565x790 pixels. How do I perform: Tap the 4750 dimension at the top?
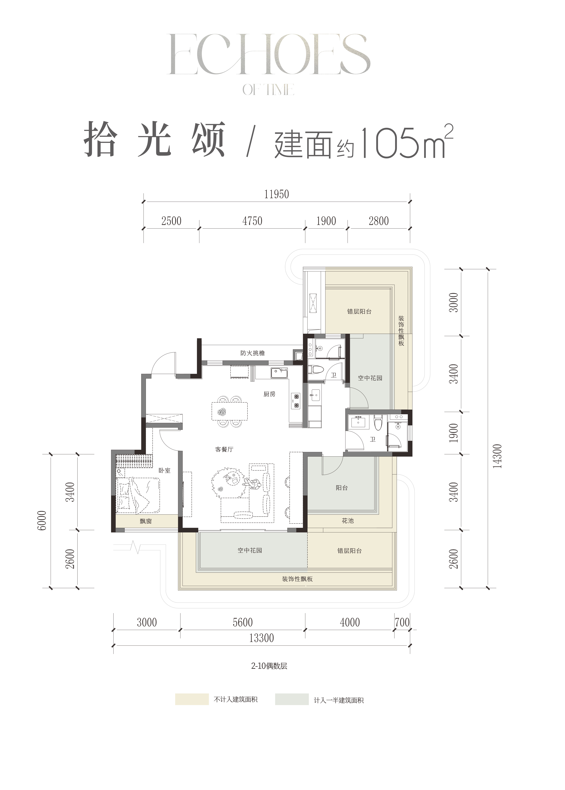pyautogui.click(x=252, y=221)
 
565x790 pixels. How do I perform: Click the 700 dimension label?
pyautogui.click(x=402, y=622)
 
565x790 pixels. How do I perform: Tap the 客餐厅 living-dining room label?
pyautogui.click(x=224, y=449)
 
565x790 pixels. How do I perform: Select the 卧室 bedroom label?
pyautogui.click(x=165, y=470)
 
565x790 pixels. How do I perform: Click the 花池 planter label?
pyautogui.click(x=348, y=530)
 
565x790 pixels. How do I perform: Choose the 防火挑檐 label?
pyautogui.click(x=253, y=353)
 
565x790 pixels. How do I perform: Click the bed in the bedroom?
pyautogui.click(x=138, y=495)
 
